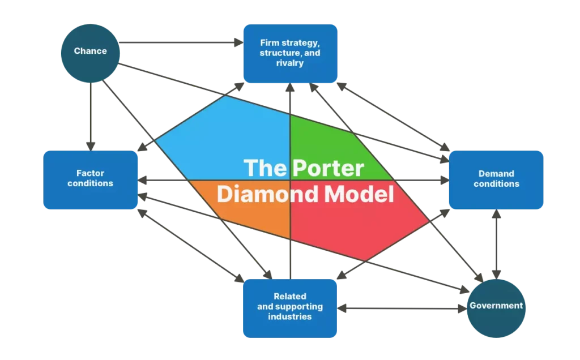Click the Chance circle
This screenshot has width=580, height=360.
[90, 52]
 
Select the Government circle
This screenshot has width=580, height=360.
[496, 306]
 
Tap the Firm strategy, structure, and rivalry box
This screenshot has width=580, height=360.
[290, 53]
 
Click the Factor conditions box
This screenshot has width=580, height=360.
[90, 179]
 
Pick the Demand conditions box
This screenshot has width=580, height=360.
[496, 179]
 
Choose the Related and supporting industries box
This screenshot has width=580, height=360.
[290, 307]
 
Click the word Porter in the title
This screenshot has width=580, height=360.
[329, 169]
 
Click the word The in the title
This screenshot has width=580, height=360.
[265, 169]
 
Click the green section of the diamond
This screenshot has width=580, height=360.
[329, 142]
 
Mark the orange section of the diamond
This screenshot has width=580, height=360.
[249, 215]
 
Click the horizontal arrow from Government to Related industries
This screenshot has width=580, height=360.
[402, 308]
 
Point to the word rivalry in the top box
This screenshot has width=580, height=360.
[290, 63]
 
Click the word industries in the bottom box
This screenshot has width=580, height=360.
[290, 316]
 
